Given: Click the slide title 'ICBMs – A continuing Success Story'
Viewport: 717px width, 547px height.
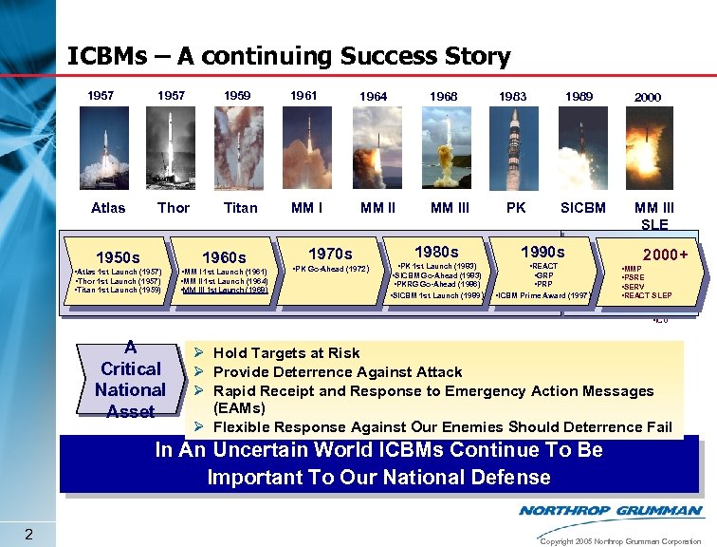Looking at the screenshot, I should point(289,56).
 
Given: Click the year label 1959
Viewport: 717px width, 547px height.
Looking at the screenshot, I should point(237,96).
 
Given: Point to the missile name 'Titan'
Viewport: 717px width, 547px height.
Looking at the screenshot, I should point(240,207).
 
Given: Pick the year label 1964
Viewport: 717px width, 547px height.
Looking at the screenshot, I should point(373,97).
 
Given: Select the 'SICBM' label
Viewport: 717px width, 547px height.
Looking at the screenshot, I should point(582,207).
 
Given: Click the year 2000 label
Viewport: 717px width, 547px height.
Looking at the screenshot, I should point(648,97).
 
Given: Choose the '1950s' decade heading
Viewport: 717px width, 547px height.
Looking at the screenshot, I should point(119,257).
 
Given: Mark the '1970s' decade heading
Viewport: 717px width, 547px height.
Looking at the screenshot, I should point(331,254).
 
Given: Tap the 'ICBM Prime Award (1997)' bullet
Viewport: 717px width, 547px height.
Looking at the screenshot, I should point(543,295).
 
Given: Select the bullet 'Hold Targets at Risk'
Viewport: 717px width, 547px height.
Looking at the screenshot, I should point(285,353).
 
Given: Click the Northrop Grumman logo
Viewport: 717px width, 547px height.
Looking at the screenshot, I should point(610,511).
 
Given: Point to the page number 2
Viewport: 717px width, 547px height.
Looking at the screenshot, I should point(29,535).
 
